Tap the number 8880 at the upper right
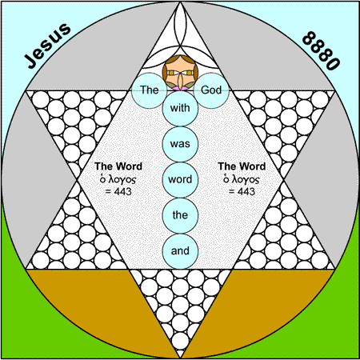click(322, 50)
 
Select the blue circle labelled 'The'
click(150, 90)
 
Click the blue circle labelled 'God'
click(211, 90)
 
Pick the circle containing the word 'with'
click(180, 108)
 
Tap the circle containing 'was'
click(180, 144)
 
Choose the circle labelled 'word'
click(180, 179)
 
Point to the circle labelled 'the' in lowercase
click(180, 215)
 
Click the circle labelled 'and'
click(180, 251)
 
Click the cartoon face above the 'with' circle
click(180, 73)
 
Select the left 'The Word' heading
click(118, 166)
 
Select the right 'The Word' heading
click(242, 166)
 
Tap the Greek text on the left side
click(118, 179)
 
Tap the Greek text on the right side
click(242, 179)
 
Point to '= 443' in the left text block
click(118, 191)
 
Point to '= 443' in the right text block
click(242, 191)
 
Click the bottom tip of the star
click(180, 358)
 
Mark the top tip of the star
click(180, 2)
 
